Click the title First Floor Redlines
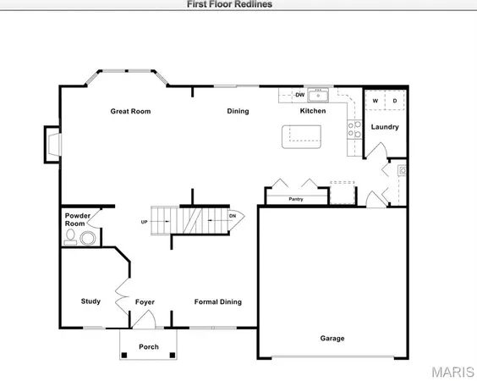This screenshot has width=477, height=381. click(229, 3)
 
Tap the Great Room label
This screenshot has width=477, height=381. click(130, 111)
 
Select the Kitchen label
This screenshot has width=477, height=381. click(313, 111)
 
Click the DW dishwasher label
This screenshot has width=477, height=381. click(299, 94)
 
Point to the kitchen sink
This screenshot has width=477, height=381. click(321, 94)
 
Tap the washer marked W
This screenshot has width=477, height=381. click(376, 101)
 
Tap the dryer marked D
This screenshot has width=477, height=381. click(393, 101)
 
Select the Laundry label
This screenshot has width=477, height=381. click(385, 128)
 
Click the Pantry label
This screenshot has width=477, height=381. click(296, 199)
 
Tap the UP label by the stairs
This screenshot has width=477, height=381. click(145, 223)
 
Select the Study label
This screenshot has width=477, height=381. click(90, 301)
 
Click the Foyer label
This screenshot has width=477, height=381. click(145, 302)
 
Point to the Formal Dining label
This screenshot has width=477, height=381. click(217, 302)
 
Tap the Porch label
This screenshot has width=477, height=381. click(149, 346)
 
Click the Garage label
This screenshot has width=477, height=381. click(332, 338)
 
